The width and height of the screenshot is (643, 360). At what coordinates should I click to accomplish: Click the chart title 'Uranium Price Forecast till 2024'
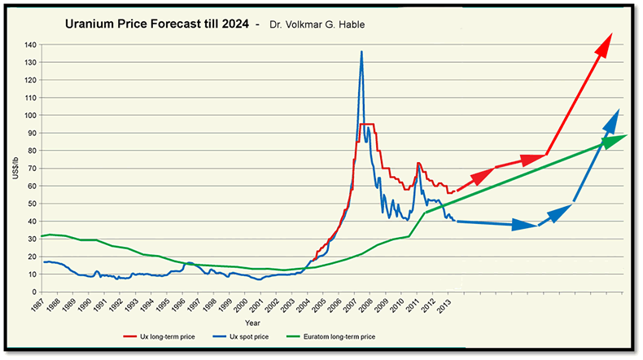click(157, 24)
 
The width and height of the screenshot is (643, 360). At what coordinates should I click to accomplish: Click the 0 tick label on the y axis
click(35, 292)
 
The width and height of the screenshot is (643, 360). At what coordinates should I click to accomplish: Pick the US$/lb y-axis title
click(15, 168)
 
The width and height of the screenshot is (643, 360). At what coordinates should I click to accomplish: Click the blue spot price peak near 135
click(361, 52)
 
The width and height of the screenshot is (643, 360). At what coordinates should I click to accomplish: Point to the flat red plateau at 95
click(366, 124)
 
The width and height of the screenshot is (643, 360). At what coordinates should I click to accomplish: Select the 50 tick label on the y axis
click(33, 204)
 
